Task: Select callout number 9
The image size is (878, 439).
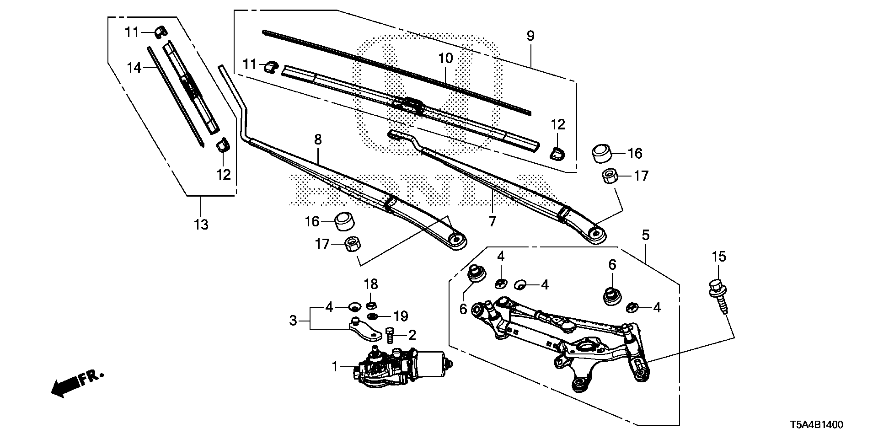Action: (x=530, y=36)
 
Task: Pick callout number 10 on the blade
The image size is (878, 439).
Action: (x=445, y=58)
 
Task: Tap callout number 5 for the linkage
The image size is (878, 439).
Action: (x=645, y=236)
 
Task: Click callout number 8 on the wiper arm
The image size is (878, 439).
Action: (x=318, y=139)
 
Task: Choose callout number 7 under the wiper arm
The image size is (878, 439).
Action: (x=492, y=221)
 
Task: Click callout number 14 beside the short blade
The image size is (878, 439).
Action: (x=134, y=68)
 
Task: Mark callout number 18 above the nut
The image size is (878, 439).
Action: (x=371, y=284)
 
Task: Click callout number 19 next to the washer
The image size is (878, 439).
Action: (x=401, y=316)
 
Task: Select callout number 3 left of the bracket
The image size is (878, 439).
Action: (x=293, y=321)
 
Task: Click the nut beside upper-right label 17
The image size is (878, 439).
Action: (x=609, y=176)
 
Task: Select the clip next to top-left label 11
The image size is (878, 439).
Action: (x=159, y=32)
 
